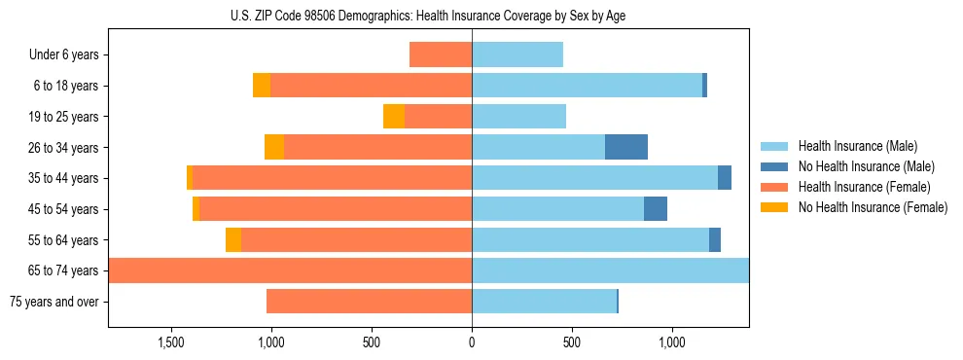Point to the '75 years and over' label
point(53,302)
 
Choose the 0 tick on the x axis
point(472,342)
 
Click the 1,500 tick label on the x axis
point(170,342)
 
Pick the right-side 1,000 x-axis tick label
point(672,342)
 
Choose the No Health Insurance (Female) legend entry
point(873,207)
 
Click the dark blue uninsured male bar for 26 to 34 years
point(626,147)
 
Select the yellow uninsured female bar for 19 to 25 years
point(394,117)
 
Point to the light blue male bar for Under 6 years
point(517,55)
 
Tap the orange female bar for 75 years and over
point(369,302)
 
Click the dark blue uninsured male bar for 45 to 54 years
point(656,209)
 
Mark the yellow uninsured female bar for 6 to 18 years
point(262,86)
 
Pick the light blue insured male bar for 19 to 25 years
point(518,117)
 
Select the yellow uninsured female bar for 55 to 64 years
point(233,240)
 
